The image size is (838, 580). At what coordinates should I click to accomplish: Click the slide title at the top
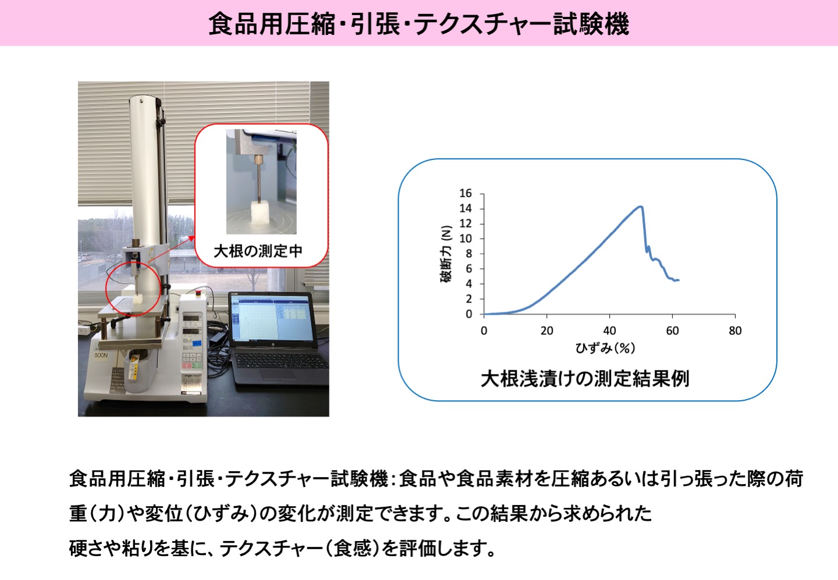[418, 24]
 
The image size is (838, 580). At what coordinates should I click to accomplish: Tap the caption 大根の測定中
[258, 251]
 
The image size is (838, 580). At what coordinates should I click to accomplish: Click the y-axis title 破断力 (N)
[446, 254]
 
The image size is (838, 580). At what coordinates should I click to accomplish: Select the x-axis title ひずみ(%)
[605, 348]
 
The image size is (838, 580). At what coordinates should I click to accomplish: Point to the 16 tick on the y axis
[466, 194]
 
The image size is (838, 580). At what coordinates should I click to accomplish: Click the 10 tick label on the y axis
[466, 239]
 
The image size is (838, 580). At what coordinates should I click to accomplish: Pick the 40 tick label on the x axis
[609, 330]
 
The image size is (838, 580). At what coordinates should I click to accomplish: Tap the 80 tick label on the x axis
[735, 330]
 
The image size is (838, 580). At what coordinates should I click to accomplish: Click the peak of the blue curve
[640, 207]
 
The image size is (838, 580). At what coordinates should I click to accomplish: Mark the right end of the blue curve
[678, 280]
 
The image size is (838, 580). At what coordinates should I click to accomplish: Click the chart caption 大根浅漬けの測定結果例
[585, 379]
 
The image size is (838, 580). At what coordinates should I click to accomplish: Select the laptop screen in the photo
[271, 319]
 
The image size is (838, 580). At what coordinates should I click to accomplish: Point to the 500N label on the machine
[101, 354]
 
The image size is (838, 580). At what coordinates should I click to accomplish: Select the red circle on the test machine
[133, 287]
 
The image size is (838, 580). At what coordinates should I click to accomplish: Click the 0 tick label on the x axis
[484, 330]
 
